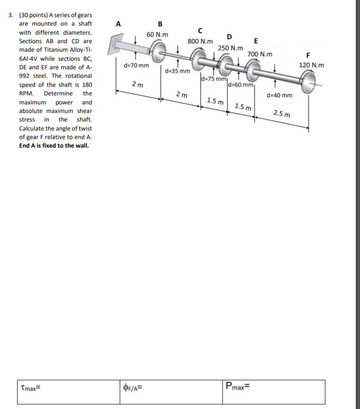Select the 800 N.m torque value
[200, 41]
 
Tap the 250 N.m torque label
[230, 48]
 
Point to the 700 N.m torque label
[260, 55]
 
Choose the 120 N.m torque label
[312, 65]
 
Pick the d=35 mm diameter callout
[178, 71]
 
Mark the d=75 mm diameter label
[213, 78]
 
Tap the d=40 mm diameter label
[280, 95]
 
